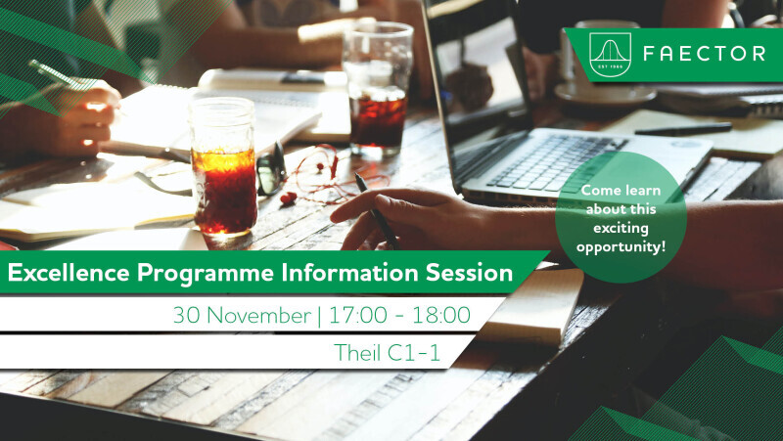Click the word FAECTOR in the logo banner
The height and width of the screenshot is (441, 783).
pyautogui.click(x=705, y=54)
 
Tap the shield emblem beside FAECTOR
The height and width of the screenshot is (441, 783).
pyautogui.click(x=610, y=55)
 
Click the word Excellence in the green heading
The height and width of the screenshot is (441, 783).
pyautogui.click(x=69, y=273)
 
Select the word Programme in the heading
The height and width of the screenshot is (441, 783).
pyautogui.click(x=206, y=274)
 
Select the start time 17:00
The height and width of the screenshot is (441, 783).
pyautogui.click(x=357, y=315)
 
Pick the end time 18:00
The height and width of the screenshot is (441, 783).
pyautogui.click(x=441, y=315)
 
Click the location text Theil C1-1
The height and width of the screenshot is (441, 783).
pyautogui.click(x=387, y=353)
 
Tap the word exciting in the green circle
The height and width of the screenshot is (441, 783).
pyautogui.click(x=621, y=229)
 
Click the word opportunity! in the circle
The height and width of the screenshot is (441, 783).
pyautogui.click(x=621, y=247)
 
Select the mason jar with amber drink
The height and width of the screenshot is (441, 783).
pyautogui.click(x=223, y=167)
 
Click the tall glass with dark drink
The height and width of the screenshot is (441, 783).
pyautogui.click(x=378, y=89)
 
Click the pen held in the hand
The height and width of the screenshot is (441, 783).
pyautogui.click(x=377, y=211)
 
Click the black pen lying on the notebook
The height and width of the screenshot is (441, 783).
pyautogui.click(x=682, y=129)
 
